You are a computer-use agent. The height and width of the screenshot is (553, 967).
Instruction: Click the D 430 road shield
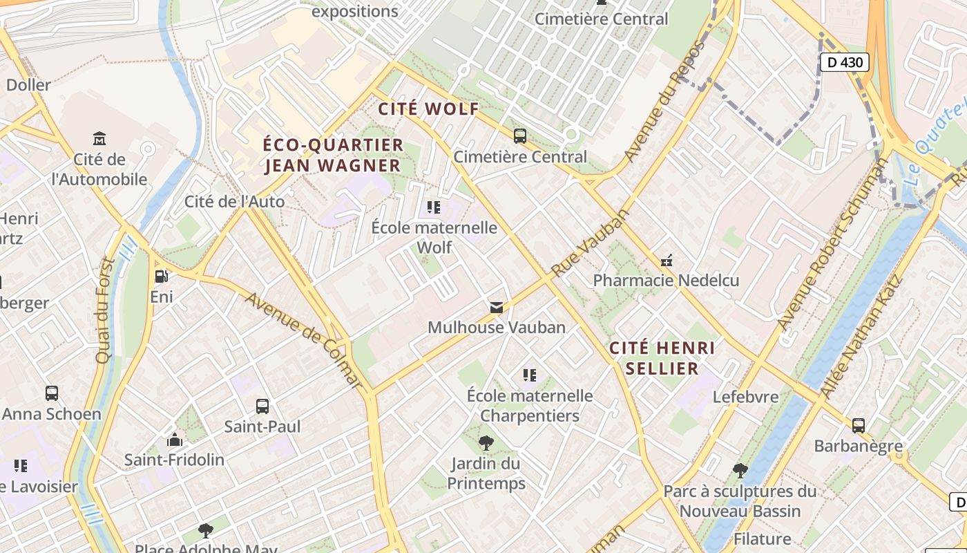pos(844,62)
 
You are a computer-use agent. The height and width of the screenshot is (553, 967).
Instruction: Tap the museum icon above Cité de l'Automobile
pos(99,138)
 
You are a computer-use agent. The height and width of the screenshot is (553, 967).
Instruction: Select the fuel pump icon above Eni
pos(161,276)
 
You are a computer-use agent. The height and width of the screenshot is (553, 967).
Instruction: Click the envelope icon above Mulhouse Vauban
pos(496,307)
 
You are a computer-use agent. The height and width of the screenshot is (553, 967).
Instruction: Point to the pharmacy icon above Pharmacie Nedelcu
pos(667,261)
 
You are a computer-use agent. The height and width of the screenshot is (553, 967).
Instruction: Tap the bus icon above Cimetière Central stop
pos(520,136)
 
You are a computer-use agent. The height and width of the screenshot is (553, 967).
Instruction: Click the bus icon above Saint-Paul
pos(262,406)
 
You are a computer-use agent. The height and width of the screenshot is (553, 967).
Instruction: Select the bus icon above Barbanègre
pos(859,425)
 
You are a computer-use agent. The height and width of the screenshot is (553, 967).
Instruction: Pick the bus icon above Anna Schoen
pos(52,393)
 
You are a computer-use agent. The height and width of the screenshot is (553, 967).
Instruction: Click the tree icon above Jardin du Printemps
pos(486,442)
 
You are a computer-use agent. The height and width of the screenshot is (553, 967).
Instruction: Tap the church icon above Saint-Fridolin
pos(174,440)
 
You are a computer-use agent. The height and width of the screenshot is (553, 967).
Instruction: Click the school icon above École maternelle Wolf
pos(434,207)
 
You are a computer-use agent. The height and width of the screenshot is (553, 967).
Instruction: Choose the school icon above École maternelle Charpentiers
pos(530,375)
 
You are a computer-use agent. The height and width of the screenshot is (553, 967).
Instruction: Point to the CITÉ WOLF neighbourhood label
pos(428,109)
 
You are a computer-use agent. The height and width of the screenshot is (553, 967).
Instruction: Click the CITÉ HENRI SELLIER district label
pos(662,357)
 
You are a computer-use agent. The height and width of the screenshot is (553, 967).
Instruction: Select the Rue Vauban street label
pos(591,243)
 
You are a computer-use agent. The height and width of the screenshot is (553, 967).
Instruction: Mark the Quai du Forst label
pos(105,310)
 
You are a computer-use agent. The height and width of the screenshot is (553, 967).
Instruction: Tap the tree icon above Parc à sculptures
pos(740,471)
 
